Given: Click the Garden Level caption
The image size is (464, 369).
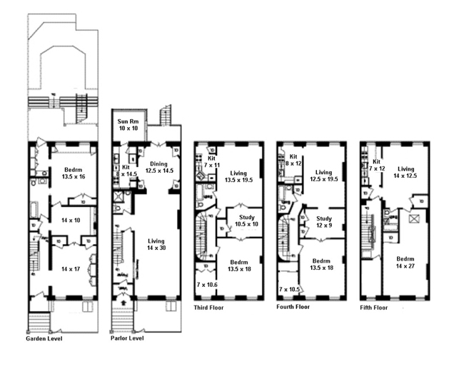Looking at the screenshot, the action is point(44,338).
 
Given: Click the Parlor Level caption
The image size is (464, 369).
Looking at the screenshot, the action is point(127,338).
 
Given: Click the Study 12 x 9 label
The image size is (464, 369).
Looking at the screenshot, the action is point(324,222).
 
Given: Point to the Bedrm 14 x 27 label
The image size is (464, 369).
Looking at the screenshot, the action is point(405,263).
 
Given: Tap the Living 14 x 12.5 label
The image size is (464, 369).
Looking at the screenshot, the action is point(405,171).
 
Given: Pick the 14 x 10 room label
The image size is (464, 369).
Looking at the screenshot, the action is point(70,220).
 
